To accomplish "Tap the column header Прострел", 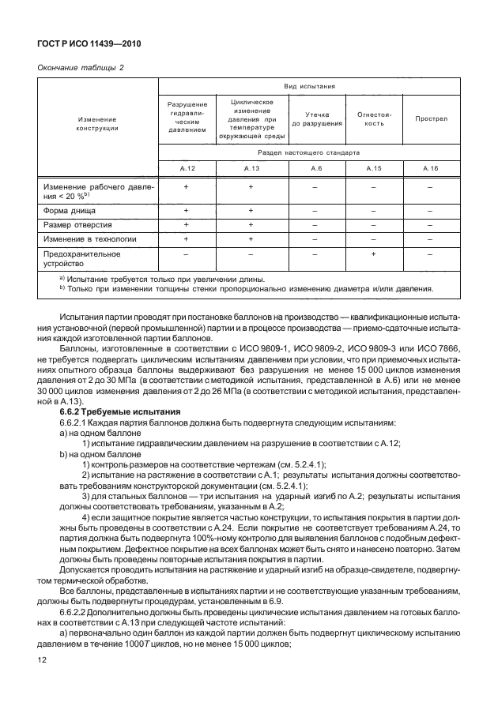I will pyautogui.click(x=431, y=119).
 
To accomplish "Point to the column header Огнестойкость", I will pyautogui.click(x=374, y=119).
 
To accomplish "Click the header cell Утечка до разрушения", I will pyautogui.click(x=316, y=119).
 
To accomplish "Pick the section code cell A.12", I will pyautogui.click(x=187, y=169).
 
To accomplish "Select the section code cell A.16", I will pyautogui.click(x=431, y=169).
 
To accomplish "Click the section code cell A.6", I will pyautogui.click(x=316, y=169).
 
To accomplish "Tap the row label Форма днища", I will pyautogui.click(x=70, y=212).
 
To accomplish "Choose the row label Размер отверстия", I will pyautogui.click(x=77, y=225).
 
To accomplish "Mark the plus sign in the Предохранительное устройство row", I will pyautogui.click(x=374, y=254).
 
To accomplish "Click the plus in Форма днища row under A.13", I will pyautogui.click(x=251, y=212).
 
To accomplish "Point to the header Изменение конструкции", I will pyautogui.click(x=98, y=124).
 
